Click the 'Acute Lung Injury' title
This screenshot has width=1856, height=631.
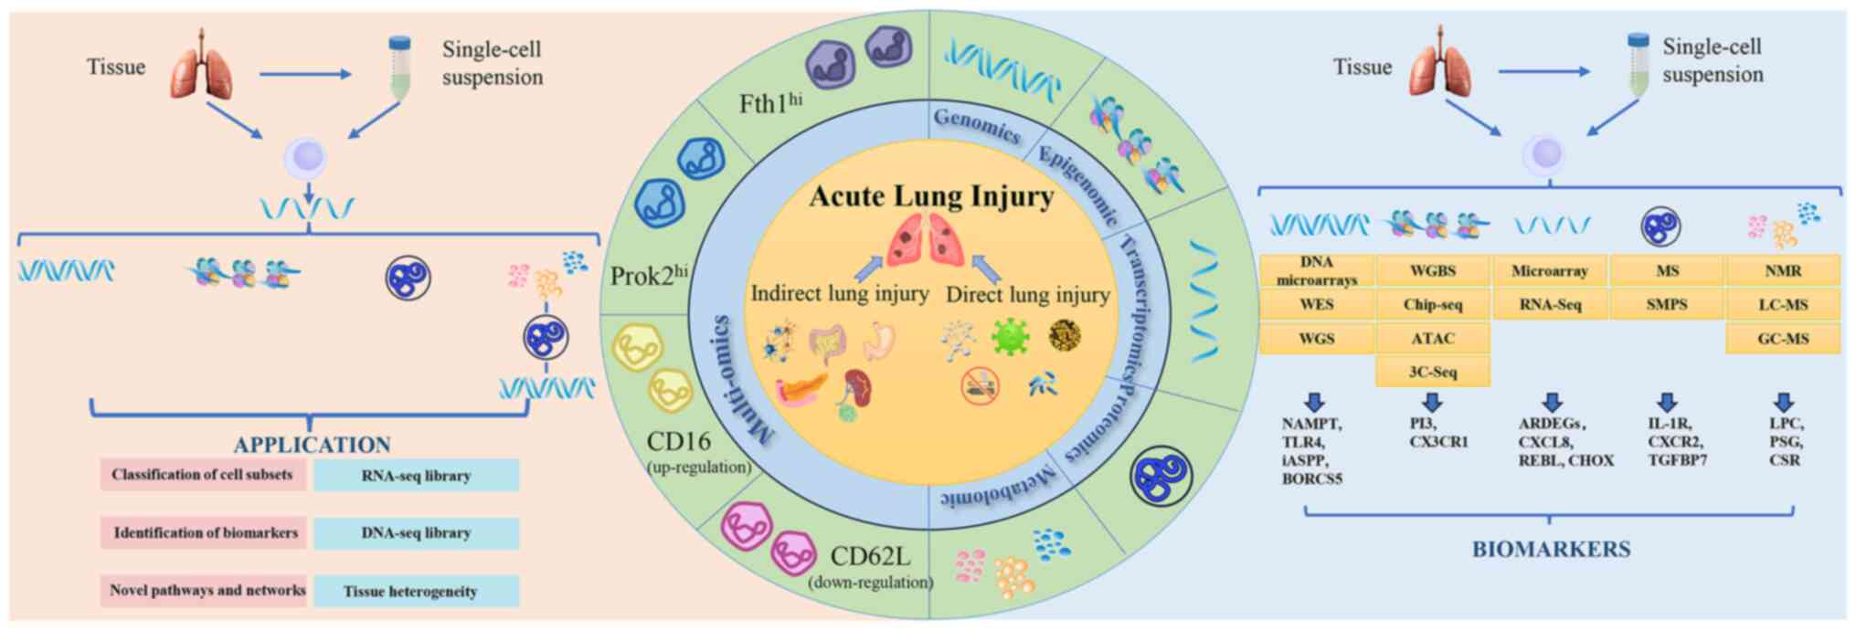coord(931,196)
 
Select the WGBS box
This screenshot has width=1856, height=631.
coord(1432,271)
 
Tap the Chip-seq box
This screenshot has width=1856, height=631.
coord(1432,305)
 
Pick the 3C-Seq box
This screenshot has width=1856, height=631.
coord(1432,373)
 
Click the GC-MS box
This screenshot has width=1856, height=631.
coord(1783,339)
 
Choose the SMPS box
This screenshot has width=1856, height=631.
coord(1666,305)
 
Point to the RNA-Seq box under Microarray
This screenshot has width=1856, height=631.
coord(1550,305)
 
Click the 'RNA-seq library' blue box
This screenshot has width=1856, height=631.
coord(416,476)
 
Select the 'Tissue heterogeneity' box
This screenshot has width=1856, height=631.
coord(416,591)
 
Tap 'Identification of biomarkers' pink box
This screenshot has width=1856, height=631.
coord(205,532)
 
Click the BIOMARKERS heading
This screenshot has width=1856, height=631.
coord(1551,550)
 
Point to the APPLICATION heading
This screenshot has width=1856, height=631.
coord(312,445)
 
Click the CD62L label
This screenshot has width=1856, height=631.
coord(869,556)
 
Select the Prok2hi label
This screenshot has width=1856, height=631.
coord(648,275)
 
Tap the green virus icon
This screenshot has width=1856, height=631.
coord(1010,336)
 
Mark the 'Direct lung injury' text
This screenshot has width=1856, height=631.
coord(1027,294)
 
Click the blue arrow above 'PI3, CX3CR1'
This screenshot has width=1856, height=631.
coord(1432,403)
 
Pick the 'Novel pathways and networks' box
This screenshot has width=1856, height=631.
coord(207,590)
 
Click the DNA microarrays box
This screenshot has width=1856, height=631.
coord(1316,271)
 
